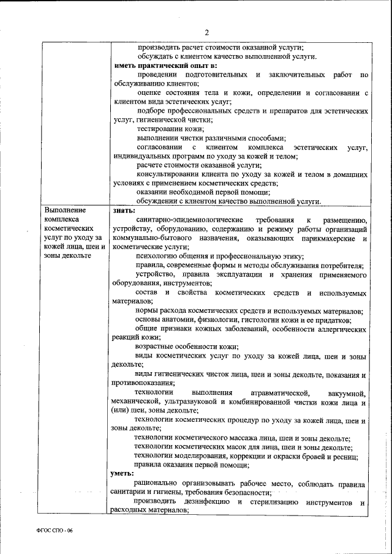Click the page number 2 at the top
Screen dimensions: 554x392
pos(207,32)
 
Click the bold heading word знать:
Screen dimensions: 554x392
pos(123,211)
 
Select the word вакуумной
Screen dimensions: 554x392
pos(346,392)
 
